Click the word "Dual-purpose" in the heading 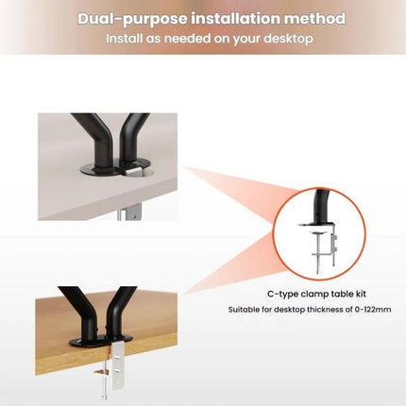click(132, 19)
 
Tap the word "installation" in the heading click(236, 18)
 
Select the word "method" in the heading click(315, 18)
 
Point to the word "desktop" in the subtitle click(289, 39)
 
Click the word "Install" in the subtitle click(124, 39)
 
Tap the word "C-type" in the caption click(282, 295)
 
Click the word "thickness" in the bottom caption click(330, 310)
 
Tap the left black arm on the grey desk click(94, 140)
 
